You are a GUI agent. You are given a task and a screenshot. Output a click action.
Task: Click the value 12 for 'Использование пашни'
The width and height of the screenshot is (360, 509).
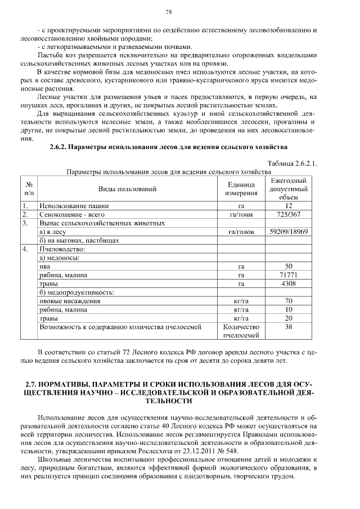[x=289, y=206]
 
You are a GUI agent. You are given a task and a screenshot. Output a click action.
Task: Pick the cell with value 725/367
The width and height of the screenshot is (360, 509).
[x=289, y=214]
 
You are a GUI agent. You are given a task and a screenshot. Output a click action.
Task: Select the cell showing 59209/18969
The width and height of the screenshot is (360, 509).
[x=289, y=231]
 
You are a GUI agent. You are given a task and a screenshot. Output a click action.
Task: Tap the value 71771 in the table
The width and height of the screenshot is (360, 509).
[x=289, y=275]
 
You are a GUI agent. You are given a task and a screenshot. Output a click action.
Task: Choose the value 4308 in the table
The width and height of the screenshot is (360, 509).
[x=289, y=283]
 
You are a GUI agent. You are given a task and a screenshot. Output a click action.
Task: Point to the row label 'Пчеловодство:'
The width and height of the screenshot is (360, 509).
[x=61, y=249]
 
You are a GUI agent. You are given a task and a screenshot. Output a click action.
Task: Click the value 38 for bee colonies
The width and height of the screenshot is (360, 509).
[x=289, y=327]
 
